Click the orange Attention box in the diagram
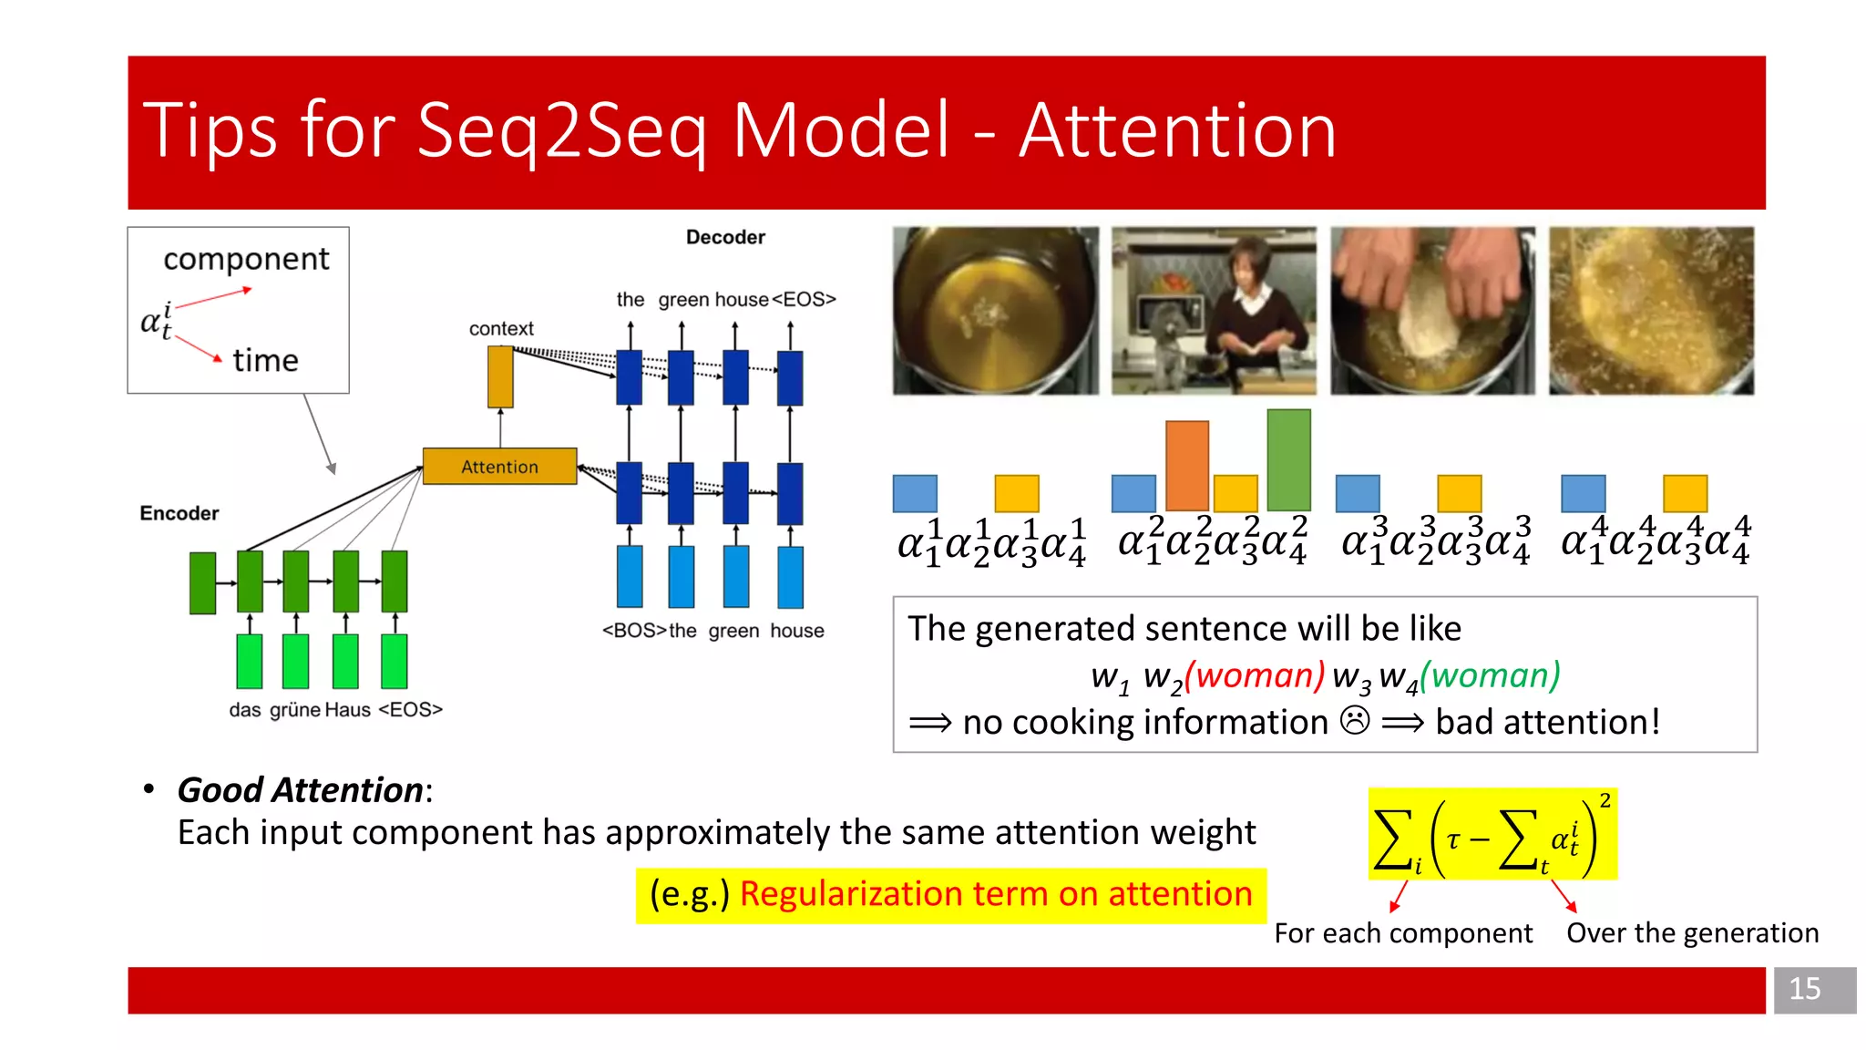pyautogui.click(x=499, y=467)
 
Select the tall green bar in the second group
pyautogui.click(x=1288, y=459)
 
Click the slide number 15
pyautogui.click(x=1804, y=989)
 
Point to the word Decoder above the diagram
pyautogui.click(x=725, y=237)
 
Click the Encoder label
pyautogui.click(x=179, y=513)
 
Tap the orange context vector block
pyautogui.click(x=500, y=377)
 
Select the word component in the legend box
pyautogui.click(x=246, y=260)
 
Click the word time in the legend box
pyautogui.click(x=265, y=361)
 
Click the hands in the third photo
pyautogui.click(x=1431, y=292)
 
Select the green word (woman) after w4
pyautogui.click(x=1491, y=675)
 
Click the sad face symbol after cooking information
pyautogui.click(x=1355, y=721)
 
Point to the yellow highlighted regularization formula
pyautogui.click(x=1492, y=835)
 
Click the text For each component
pyautogui.click(x=1402, y=933)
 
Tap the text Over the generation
pyautogui.click(x=1692, y=933)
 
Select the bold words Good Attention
pyautogui.click(x=300, y=790)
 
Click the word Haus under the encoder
pyautogui.click(x=347, y=710)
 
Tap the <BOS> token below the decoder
pyautogui.click(x=634, y=631)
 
